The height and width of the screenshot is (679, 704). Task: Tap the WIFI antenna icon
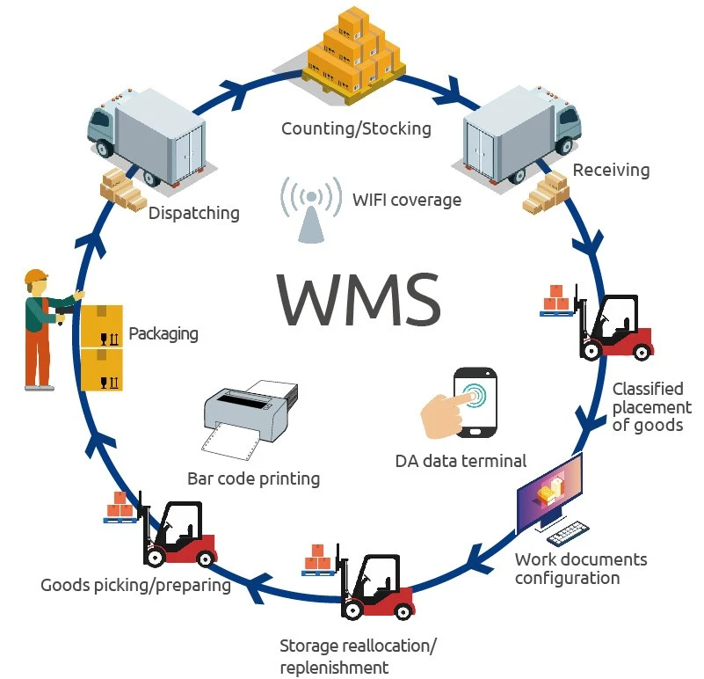(x=310, y=209)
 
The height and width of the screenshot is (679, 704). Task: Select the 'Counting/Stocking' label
(x=356, y=129)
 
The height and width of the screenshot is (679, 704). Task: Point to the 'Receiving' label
(x=611, y=170)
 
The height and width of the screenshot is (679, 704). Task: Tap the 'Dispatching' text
(x=193, y=213)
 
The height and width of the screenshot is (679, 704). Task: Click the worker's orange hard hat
(x=36, y=277)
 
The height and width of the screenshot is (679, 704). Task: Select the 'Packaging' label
(x=163, y=334)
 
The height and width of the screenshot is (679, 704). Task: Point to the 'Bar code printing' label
(x=253, y=479)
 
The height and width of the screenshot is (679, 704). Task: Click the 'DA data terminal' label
(x=461, y=460)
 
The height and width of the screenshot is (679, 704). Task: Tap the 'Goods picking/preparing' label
(x=135, y=585)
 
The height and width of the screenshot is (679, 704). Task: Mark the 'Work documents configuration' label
(x=580, y=568)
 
